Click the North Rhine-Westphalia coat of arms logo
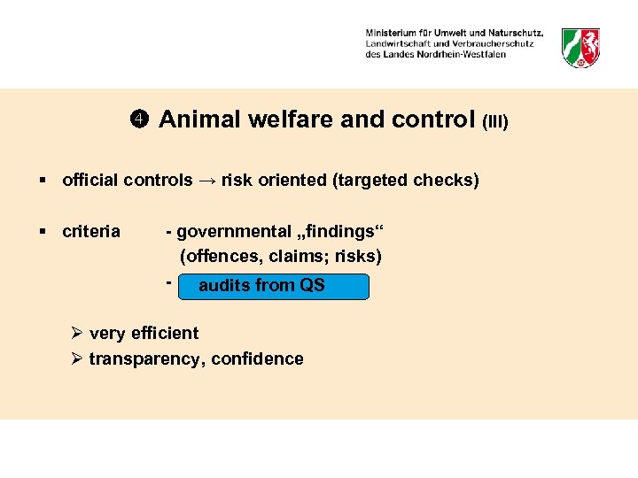pyautogui.click(x=581, y=47)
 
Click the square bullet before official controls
pyautogui.click(x=43, y=181)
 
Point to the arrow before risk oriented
pyautogui.click(x=206, y=181)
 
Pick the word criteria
pyautogui.click(x=91, y=232)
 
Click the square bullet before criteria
pyautogui.click(x=43, y=232)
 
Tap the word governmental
pyautogui.click(x=233, y=232)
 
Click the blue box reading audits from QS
pyautogui.click(x=273, y=286)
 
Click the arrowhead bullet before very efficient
pyautogui.click(x=77, y=334)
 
